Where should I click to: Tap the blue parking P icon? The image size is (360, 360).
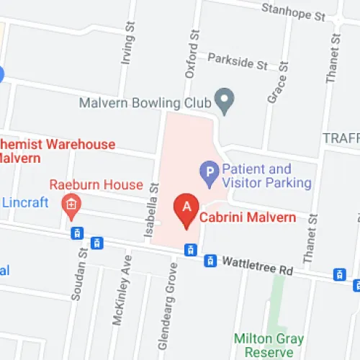tap(208, 173)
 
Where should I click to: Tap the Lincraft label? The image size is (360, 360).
tap(25, 203)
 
